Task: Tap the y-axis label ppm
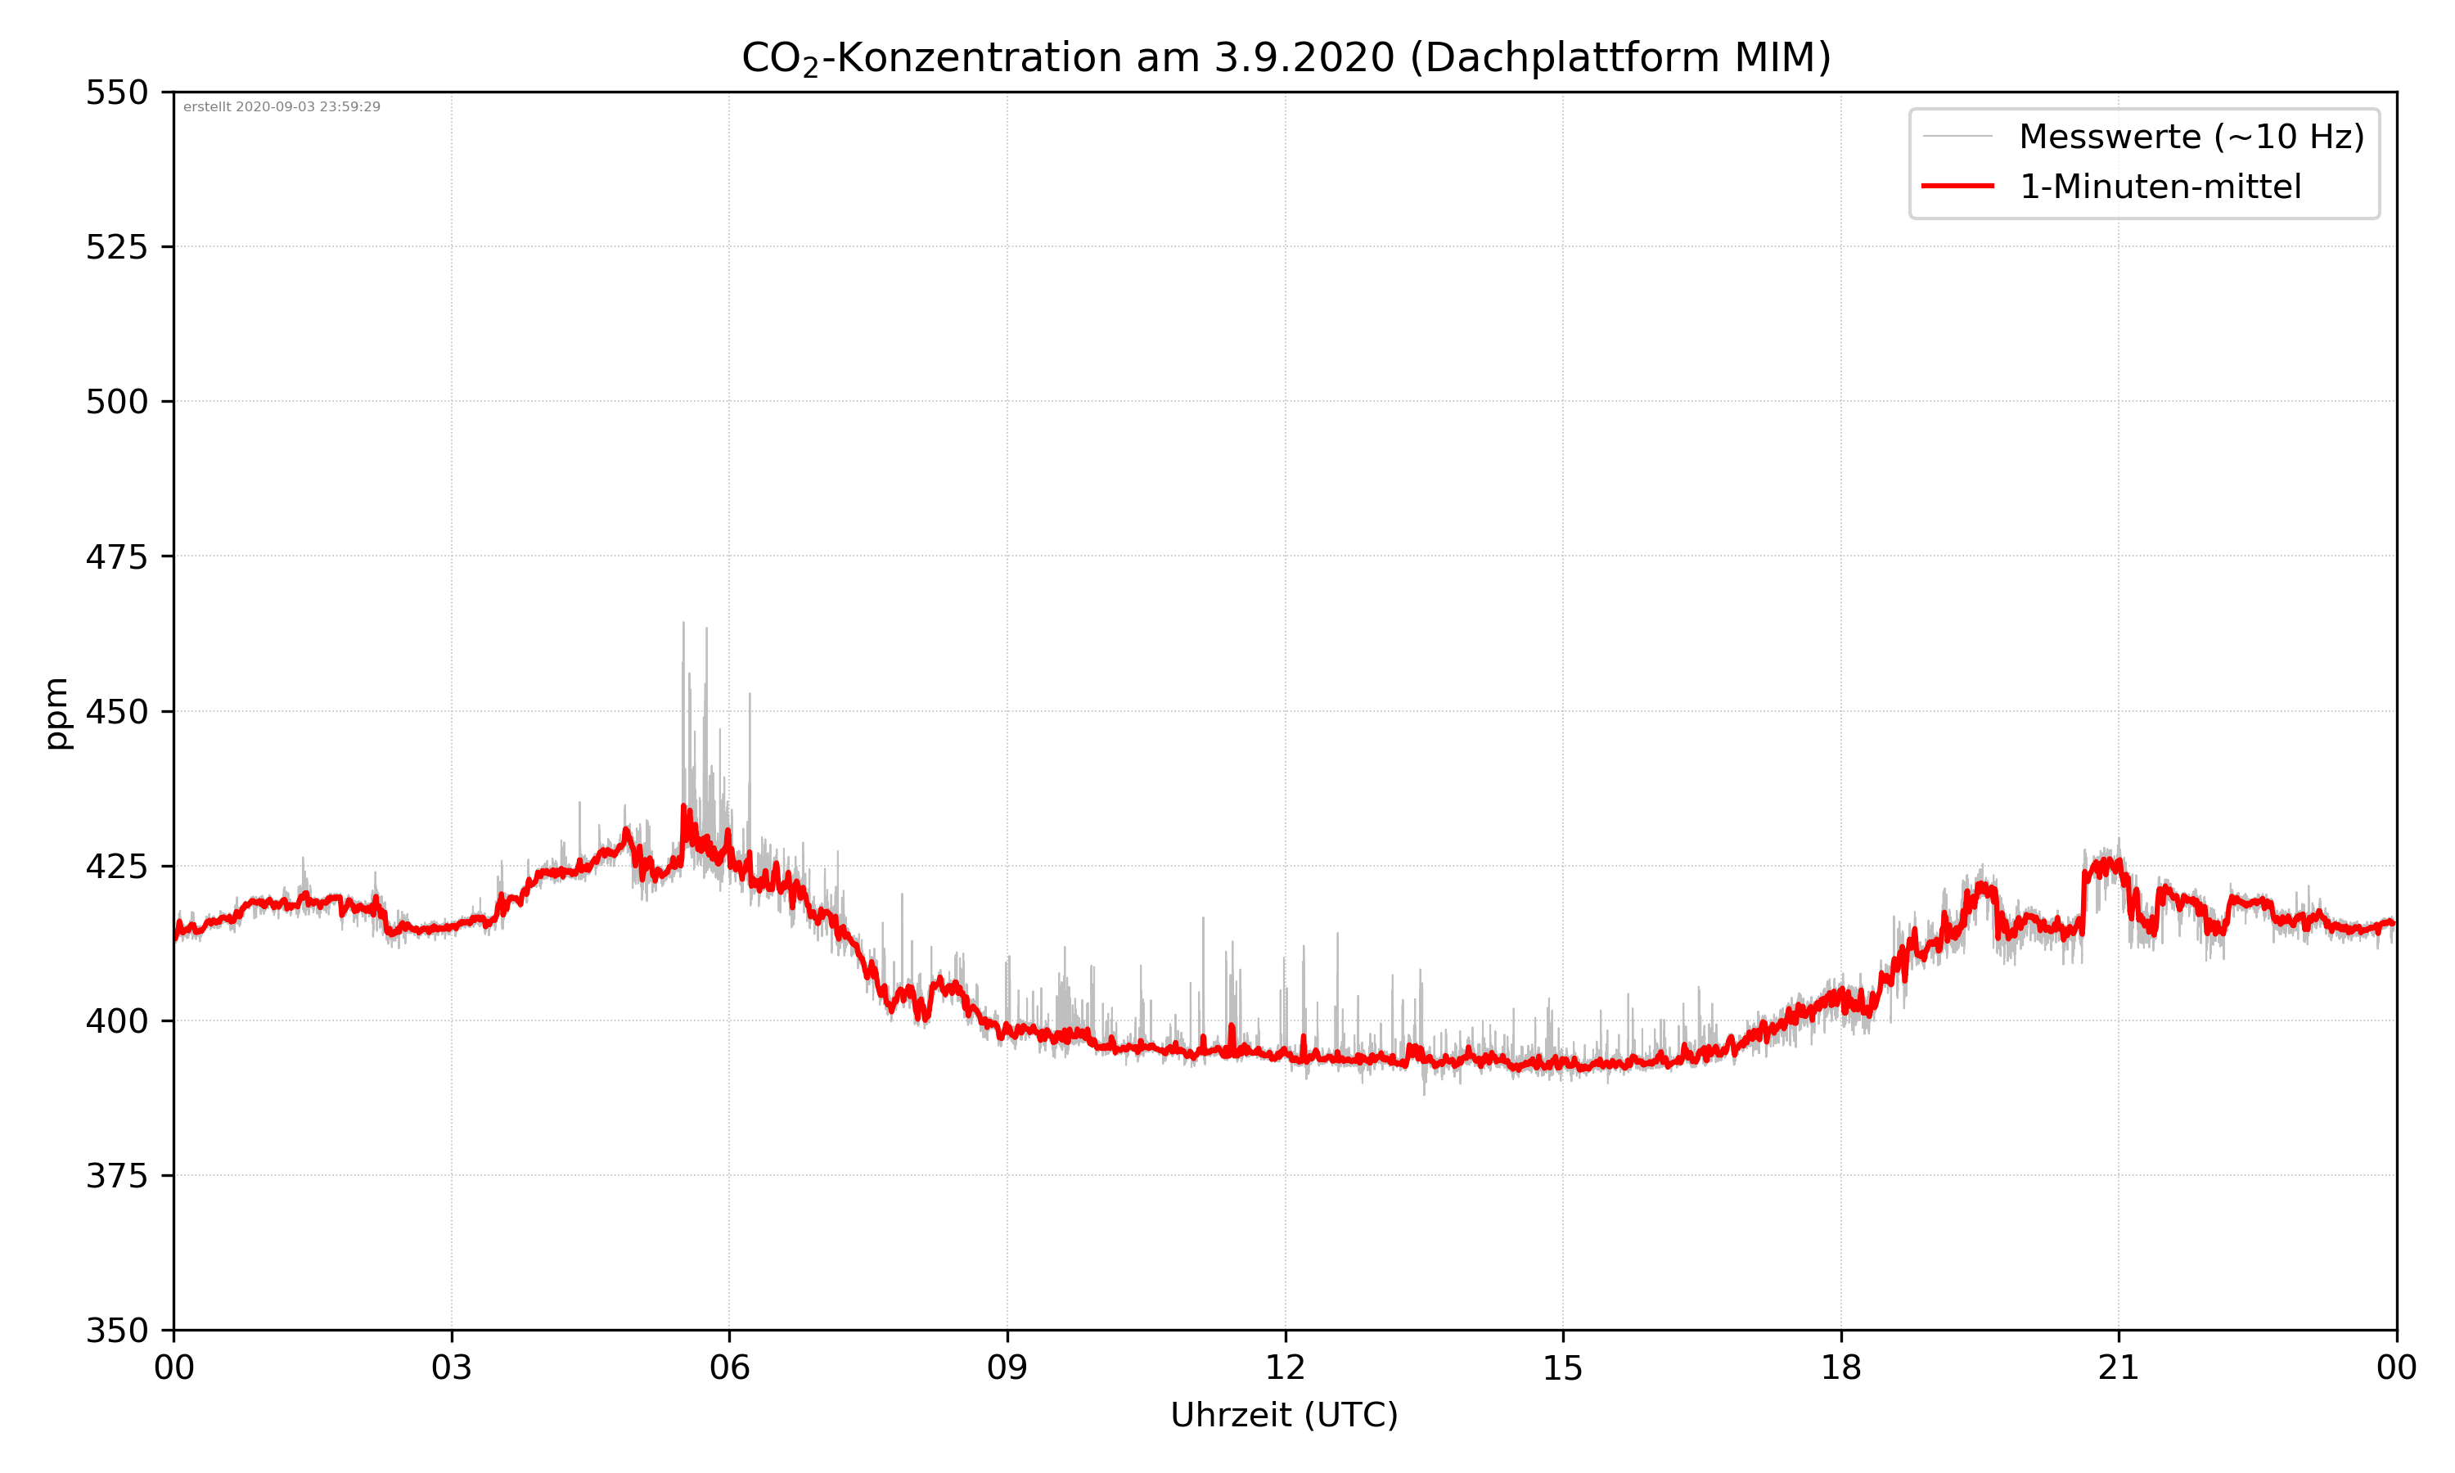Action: tap(57, 713)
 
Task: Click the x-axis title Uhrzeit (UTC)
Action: tap(1284, 1414)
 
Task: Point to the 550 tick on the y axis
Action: tap(116, 92)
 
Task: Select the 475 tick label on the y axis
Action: tap(116, 556)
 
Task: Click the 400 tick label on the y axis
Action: tap(116, 1021)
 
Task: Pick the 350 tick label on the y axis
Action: tap(116, 1330)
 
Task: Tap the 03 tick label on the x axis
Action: tap(452, 1367)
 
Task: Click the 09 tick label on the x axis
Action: tap(1007, 1367)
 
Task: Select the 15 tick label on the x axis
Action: tap(1563, 1367)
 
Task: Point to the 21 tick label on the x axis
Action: tap(2119, 1367)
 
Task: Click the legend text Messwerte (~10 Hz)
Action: tap(2191, 137)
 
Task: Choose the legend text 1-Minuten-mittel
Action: tap(2160, 187)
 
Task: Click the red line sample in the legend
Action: tap(1957, 186)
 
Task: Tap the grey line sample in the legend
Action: tap(1957, 136)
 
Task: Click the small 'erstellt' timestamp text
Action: tap(282, 107)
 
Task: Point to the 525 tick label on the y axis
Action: tap(116, 247)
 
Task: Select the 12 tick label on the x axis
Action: tap(1285, 1367)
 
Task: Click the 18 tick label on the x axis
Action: tap(1840, 1367)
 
